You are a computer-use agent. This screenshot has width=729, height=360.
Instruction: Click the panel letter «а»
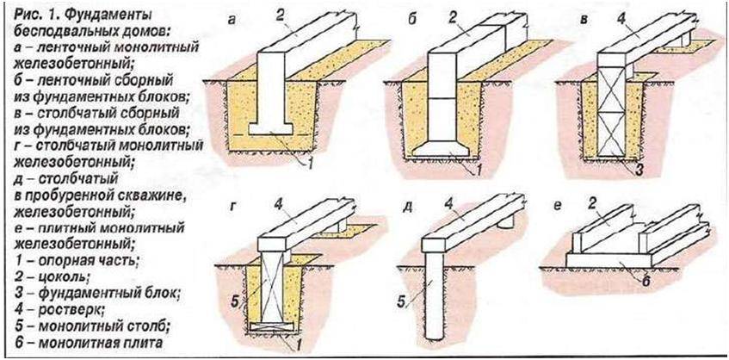click(x=232, y=18)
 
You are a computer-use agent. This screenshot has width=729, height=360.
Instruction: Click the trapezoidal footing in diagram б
click(x=454, y=152)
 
